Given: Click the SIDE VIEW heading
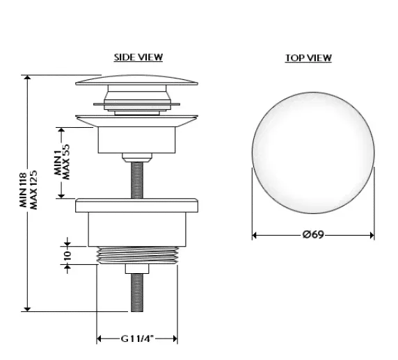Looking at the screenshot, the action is pos(138,57).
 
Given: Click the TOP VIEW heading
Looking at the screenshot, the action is pos(308,58).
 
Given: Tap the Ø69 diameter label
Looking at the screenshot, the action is pos(314,234).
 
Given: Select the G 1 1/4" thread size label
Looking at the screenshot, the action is pos(137,338).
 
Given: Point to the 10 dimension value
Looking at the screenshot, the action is pos(67,255).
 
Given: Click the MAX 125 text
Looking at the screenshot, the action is pos(33,190).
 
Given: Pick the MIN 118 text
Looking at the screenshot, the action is pos(24,190).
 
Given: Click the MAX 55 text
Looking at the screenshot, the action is pos(65,162).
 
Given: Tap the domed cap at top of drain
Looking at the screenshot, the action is pos(136,80).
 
